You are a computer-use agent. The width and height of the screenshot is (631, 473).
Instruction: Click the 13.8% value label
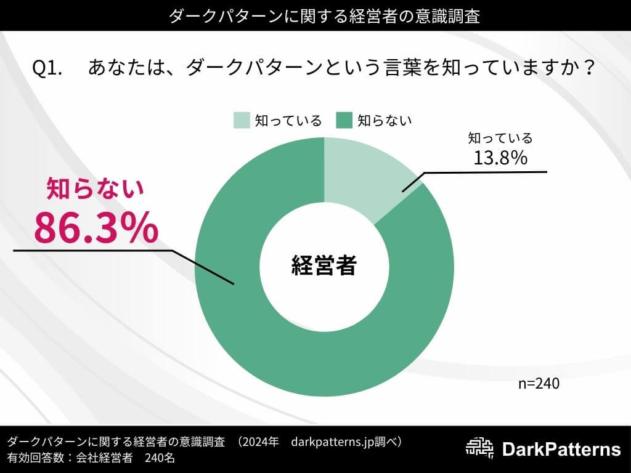500,158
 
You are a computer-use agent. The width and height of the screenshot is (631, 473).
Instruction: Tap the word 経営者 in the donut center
324,266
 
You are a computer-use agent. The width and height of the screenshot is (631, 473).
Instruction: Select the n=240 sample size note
539,384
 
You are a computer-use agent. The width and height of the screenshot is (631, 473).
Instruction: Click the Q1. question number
47,68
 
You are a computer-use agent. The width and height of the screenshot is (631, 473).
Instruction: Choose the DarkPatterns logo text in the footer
561,450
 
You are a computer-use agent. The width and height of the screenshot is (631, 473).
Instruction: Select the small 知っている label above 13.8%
500,138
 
